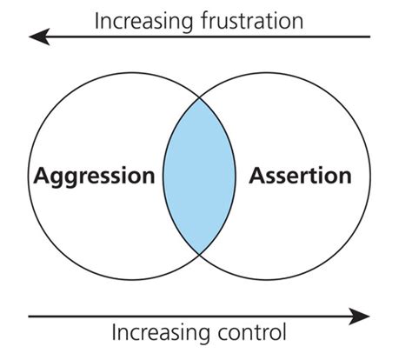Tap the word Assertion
pyautogui.click(x=300, y=176)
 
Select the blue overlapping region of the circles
pyautogui.click(x=199, y=177)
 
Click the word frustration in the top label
pyautogui.click(x=252, y=21)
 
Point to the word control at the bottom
pyautogui.click(x=252, y=332)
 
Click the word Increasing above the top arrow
pyautogui.click(x=143, y=22)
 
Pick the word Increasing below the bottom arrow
pyautogui.click(x=161, y=333)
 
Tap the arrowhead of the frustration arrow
pyautogui.click(x=39, y=37)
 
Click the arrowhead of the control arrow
pyautogui.click(x=360, y=317)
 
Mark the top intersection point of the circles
pyautogui.click(x=199, y=98)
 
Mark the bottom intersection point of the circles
pyautogui.click(x=199, y=254)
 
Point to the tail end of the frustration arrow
pyautogui.click(x=370, y=37)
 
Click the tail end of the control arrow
pyautogui.click(x=29, y=317)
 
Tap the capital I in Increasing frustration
pyautogui.click(x=96, y=21)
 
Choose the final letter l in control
pyautogui.click(x=284, y=331)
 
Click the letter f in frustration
pyautogui.click(x=204, y=21)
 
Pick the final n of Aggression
pyautogui.click(x=149, y=177)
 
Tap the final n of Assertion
pyautogui.click(x=345, y=177)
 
